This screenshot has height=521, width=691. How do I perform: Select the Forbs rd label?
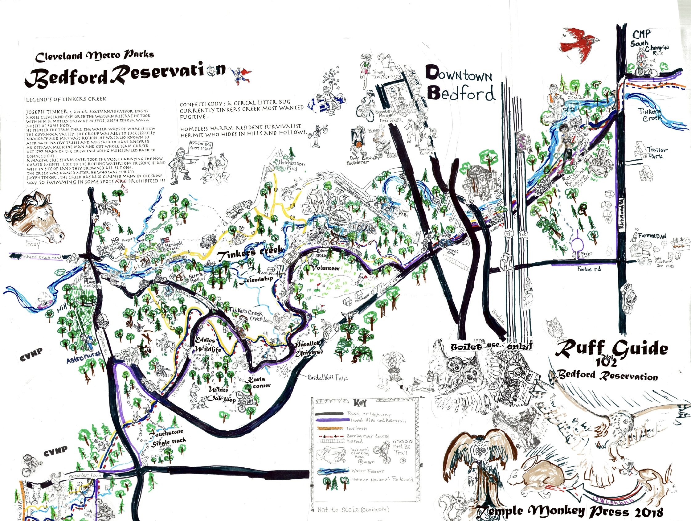tap(589, 269)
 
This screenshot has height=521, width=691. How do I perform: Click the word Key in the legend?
tap(360, 403)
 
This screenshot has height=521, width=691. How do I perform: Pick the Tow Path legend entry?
tap(356, 429)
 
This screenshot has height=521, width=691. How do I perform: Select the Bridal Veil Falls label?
tap(328, 378)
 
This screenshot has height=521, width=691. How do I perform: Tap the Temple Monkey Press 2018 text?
tap(569, 511)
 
